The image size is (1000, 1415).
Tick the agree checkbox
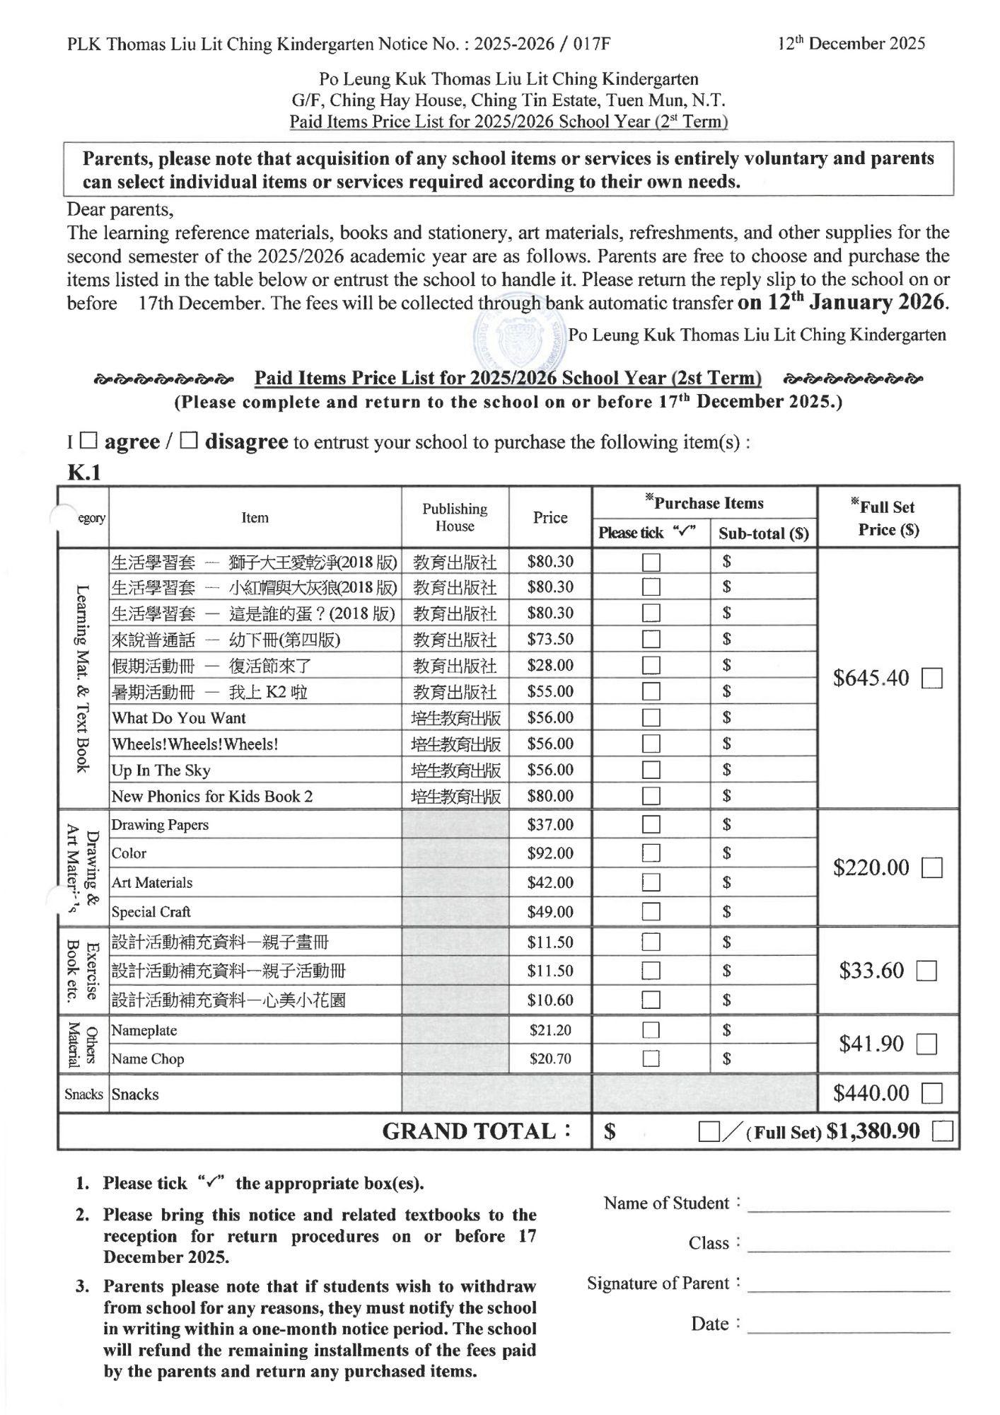88,441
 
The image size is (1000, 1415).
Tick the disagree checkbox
188,441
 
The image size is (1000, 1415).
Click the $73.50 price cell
550,640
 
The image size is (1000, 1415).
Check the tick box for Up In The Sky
651,770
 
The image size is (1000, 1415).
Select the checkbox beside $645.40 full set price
932,678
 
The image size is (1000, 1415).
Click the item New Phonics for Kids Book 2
212,797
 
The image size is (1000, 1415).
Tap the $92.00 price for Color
550,853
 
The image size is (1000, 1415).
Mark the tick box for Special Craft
651,912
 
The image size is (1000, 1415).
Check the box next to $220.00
932,868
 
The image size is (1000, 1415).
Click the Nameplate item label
144,1030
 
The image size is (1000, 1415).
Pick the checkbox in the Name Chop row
651,1059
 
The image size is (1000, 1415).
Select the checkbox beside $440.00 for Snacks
932,1094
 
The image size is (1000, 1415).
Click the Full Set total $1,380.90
873,1132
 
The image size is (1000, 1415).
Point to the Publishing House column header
455,517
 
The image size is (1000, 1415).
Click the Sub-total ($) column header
764,533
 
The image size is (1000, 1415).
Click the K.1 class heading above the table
84,473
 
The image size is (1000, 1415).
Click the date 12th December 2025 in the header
851,44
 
